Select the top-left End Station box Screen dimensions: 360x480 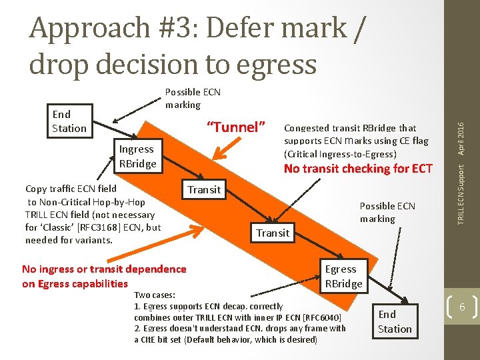(x=69, y=121)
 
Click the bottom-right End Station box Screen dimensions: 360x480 (x=395, y=321)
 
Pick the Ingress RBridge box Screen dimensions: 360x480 (x=137, y=157)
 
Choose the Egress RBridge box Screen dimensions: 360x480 (x=343, y=276)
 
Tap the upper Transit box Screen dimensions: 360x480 (x=204, y=189)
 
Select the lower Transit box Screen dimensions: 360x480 (x=273, y=233)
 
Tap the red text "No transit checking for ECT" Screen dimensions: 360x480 (x=358, y=169)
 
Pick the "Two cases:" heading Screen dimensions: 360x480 (x=155, y=295)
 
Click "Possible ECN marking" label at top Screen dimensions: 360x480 (x=193, y=98)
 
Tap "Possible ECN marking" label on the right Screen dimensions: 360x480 (x=387, y=212)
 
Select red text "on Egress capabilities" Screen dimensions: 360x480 (x=75, y=283)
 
